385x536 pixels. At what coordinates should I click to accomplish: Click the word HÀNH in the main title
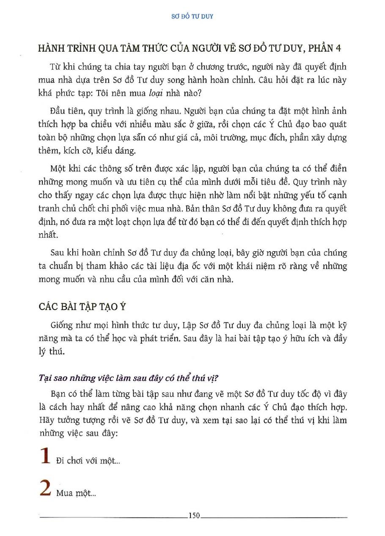click(52, 48)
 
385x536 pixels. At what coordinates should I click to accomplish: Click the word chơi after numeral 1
click(77, 461)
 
